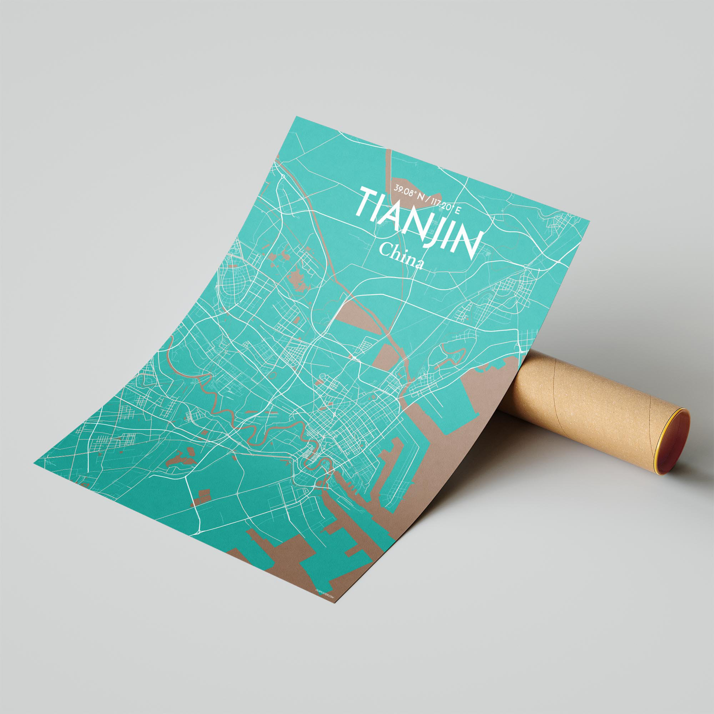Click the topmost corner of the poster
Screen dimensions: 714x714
(x=295, y=117)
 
